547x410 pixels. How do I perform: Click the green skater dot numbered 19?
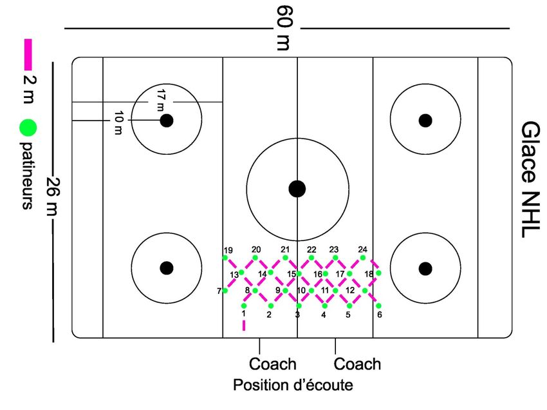(x=225, y=258)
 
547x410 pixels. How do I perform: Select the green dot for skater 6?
(x=378, y=306)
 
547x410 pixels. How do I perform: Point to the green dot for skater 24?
(x=363, y=258)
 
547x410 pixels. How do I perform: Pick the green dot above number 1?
(x=244, y=306)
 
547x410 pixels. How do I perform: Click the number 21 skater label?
(x=285, y=249)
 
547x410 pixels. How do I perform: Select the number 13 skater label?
(x=234, y=275)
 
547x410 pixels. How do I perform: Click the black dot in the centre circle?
(x=297, y=188)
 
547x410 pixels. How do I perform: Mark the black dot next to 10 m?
(x=167, y=121)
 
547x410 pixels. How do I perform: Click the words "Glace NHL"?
(x=531, y=179)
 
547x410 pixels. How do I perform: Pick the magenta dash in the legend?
(x=28, y=54)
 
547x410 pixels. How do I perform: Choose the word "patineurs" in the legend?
(x=28, y=174)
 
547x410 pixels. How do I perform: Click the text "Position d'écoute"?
(x=293, y=386)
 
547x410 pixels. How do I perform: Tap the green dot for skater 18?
(x=378, y=273)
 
